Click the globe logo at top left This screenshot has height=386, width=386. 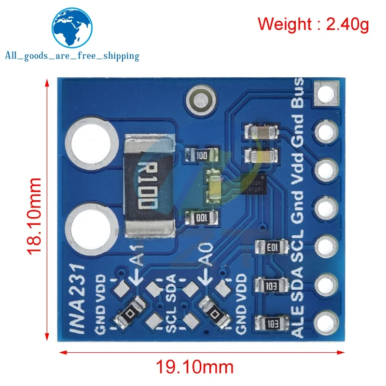pyautogui.click(x=72, y=27)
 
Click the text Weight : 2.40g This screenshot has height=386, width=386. pyautogui.click(x=313, y=24)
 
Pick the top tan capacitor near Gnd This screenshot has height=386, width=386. pyautogui.click(x=261, y=132)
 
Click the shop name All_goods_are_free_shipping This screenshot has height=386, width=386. pyautogui.click(x=72, y=56)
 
